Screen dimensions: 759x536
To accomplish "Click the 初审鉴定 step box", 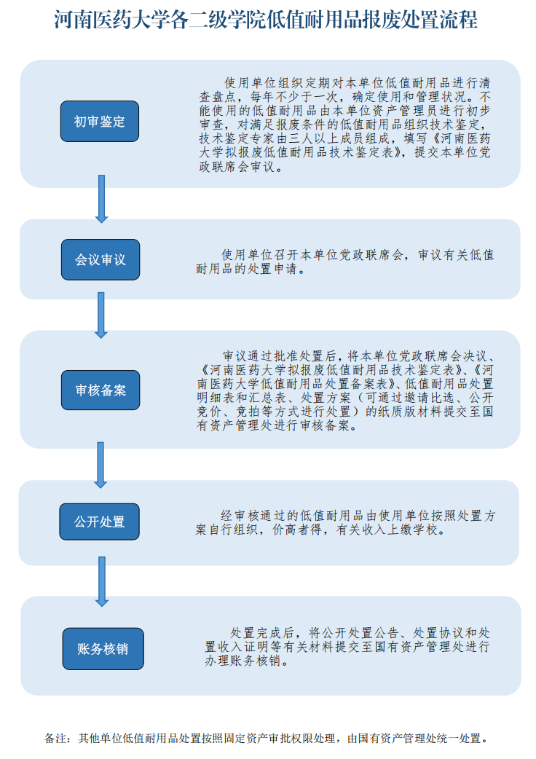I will tap(100, 121).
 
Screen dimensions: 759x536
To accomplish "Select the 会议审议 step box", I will tap(100, 259).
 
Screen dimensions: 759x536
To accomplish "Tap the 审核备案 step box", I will tap(100, 390).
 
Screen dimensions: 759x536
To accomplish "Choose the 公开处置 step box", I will tap(100, 522).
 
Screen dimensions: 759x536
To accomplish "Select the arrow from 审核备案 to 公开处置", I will tap(100, 465).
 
